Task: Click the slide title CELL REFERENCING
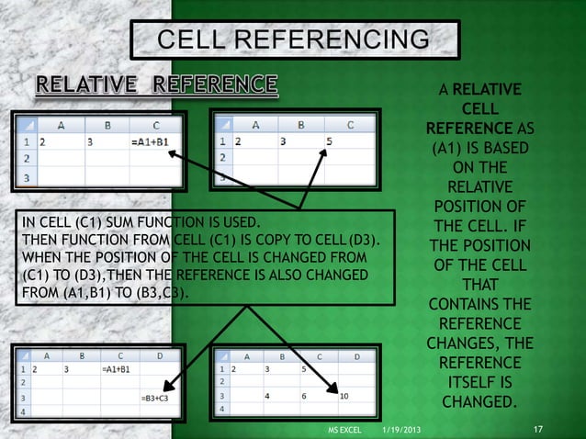pyautogui.click(x=294, y=39)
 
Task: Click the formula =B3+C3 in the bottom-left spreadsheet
pyautogui.click(x=154, y=399)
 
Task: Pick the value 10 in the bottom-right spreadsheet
pyautogui.click(x=343, y=396)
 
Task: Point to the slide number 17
pyautogui.click(x=539, y=429)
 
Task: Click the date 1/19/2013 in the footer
pyautogui.click(x=401, y=430)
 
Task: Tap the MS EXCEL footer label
pyautogui.click(x=344, y=430)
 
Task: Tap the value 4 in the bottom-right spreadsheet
pyautogui.click(x=266, y=396)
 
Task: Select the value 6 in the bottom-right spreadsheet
pyautogui.click(x=303, y=396)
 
